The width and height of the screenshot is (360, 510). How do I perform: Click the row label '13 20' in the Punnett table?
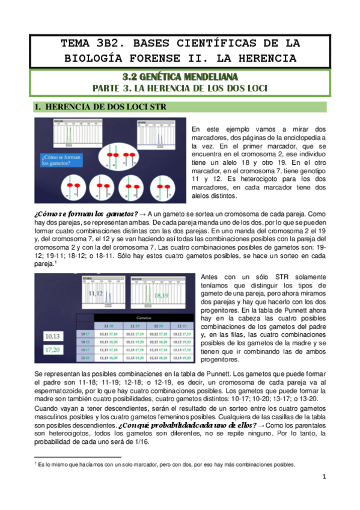point(84,357)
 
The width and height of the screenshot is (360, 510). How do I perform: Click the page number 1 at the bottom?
point(323,477)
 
